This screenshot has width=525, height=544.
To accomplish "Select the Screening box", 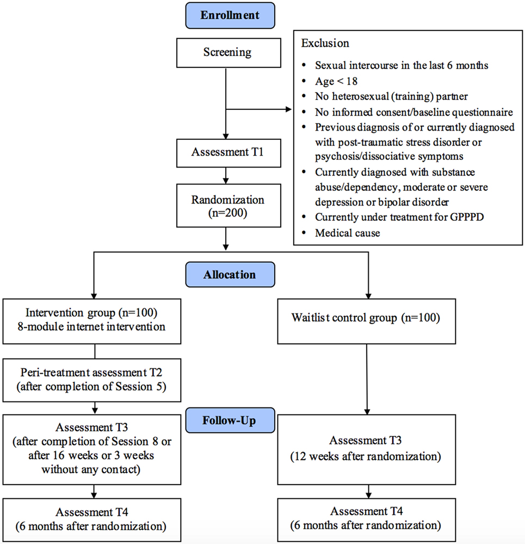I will point(227,52).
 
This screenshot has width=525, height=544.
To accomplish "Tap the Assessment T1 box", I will point(227,152).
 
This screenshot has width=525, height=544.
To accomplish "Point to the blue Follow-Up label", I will point(230,421).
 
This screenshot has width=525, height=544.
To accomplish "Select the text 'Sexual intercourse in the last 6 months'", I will point(401,66).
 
